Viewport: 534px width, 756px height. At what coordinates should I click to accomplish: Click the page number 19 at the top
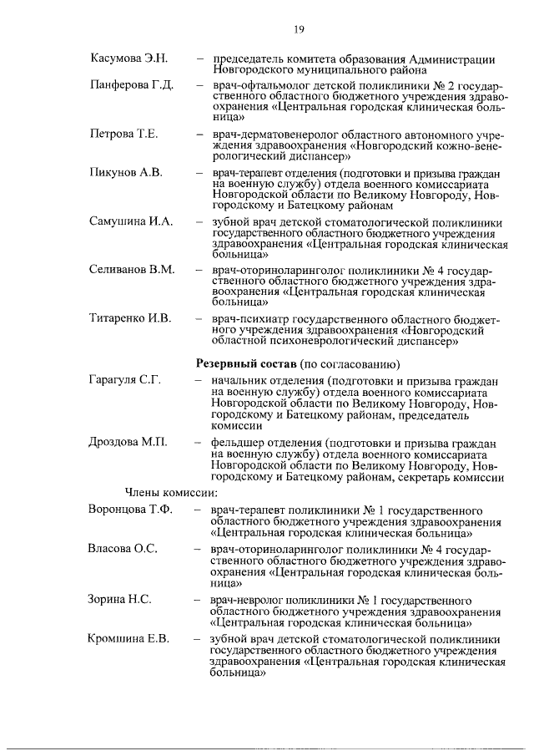[299, 30]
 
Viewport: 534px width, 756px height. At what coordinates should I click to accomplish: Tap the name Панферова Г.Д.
[131, 86]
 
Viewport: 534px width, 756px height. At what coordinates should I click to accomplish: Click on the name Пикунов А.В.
[125, 172]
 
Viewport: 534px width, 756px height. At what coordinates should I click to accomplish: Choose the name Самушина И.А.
[130, 221]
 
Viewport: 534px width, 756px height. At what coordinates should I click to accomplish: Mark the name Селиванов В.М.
[132, 270]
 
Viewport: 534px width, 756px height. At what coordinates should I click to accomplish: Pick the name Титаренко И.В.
[130, 318]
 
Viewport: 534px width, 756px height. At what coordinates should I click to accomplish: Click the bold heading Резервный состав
[244, 364]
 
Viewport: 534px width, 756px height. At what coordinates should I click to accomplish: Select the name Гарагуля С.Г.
[124, 381]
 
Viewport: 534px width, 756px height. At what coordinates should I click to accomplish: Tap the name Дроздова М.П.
[128, 443]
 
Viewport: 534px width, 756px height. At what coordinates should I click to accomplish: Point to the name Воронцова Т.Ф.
[129, 510]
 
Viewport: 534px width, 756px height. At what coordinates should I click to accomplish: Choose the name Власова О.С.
[123, 549]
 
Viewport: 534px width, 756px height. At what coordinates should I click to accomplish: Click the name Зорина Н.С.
[119, 599]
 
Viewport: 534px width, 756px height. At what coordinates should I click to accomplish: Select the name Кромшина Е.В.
[128, 638]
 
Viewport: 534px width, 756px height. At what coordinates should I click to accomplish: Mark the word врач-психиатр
[245, 318]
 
